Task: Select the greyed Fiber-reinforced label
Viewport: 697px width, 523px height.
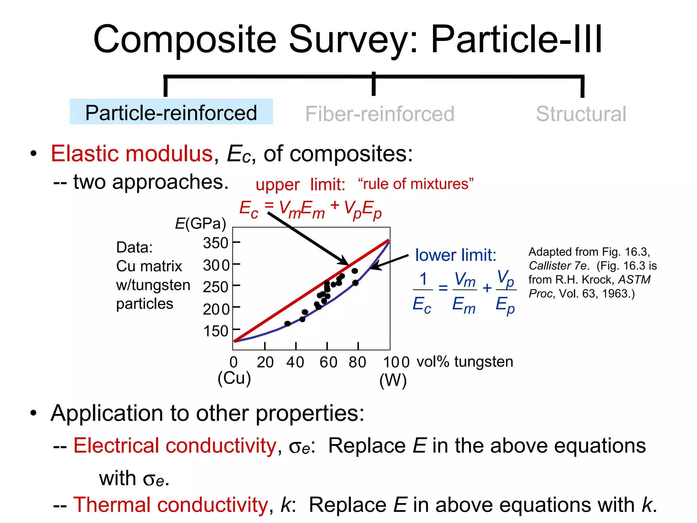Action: pos(379,114)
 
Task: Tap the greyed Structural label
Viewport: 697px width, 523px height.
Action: pos(581,114)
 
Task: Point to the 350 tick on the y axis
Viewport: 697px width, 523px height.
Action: pos(215,243)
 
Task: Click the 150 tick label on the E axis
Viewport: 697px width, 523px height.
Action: pos(215,331)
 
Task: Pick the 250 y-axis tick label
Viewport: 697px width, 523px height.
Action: pos(215,287)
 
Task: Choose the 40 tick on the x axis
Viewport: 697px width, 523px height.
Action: pos(295,362)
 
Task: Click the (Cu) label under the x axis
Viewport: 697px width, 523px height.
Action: pos(234,378)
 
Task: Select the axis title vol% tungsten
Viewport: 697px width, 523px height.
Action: pos(465,362)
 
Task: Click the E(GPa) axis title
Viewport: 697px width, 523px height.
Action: pos(200,224)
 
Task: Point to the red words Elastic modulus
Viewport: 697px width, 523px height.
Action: pos(132,154)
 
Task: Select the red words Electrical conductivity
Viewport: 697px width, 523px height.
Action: pos(175,445)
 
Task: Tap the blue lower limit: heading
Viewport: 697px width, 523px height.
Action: pos(456,255)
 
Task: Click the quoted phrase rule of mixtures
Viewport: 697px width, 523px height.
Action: pos(416,184)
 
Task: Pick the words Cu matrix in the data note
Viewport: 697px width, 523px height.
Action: pos(149,266)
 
